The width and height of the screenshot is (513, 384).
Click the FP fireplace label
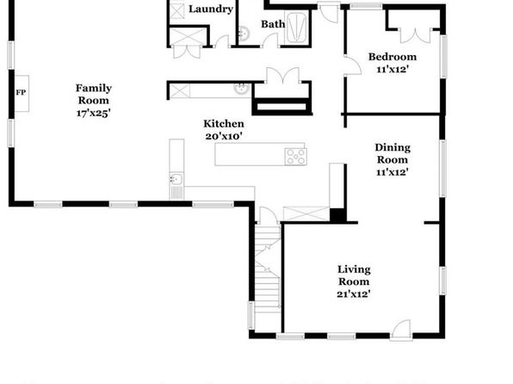click(21, 93)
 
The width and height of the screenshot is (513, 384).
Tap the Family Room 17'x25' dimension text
click(94, 114)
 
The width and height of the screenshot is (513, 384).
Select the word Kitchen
click(224, 124)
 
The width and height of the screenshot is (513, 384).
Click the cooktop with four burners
click(296, 157)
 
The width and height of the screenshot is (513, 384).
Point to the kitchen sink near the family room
click(176, 179)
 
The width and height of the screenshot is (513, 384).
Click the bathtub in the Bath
click(296, 28)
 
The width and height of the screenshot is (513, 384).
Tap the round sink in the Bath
click(243, 34)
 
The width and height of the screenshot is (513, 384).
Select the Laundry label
click(211, 9)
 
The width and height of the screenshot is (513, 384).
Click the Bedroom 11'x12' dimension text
click(392, 70)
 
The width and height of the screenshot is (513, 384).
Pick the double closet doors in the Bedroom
click(415, 35)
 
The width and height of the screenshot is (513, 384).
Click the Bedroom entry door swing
click(354, 65)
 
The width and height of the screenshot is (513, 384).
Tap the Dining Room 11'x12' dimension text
click(392, 172)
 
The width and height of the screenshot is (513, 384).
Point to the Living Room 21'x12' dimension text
click(354, 294)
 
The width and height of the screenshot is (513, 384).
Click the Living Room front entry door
click(401, 329)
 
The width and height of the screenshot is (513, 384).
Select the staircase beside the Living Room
click(268, 267)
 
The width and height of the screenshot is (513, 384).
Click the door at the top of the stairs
click(269, 215)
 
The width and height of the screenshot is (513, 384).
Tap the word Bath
click(273, 24)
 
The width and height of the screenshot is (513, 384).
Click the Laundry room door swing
click(222, 41)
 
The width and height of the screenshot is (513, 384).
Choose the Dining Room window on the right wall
click(442, 168)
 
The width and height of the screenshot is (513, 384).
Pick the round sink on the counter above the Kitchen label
click(242, 89)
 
